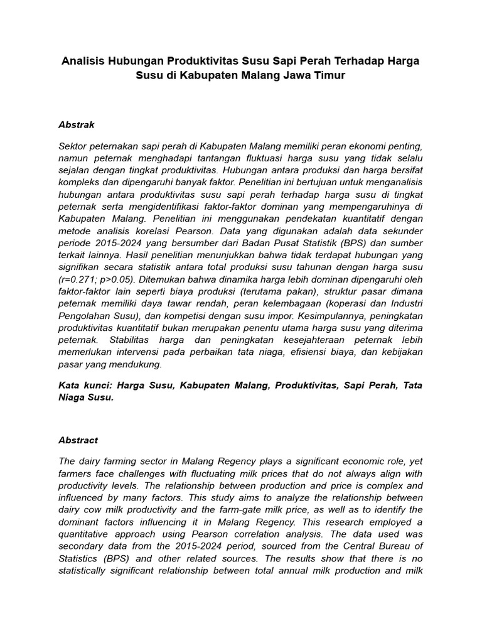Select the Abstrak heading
pyautogui.click(x=76, y=125)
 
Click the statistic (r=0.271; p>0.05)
pyautogui.click(x=99, y=279)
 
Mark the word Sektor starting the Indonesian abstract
pyautogui.click(x=73, y=146)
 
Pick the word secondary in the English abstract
pyautogui.click(x=82, y=545)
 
